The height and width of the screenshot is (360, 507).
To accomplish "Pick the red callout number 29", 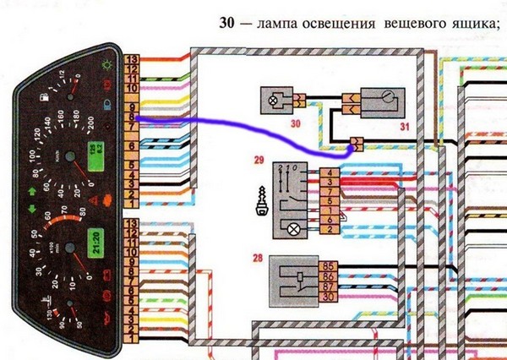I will pos(259,159).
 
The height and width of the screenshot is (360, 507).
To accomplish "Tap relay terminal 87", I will pos(330,287).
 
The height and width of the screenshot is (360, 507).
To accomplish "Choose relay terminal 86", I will pos(330,277).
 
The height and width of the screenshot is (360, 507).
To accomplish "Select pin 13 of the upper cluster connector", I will pos(132,60).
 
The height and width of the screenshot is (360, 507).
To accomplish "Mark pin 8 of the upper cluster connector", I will pos(132,115).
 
